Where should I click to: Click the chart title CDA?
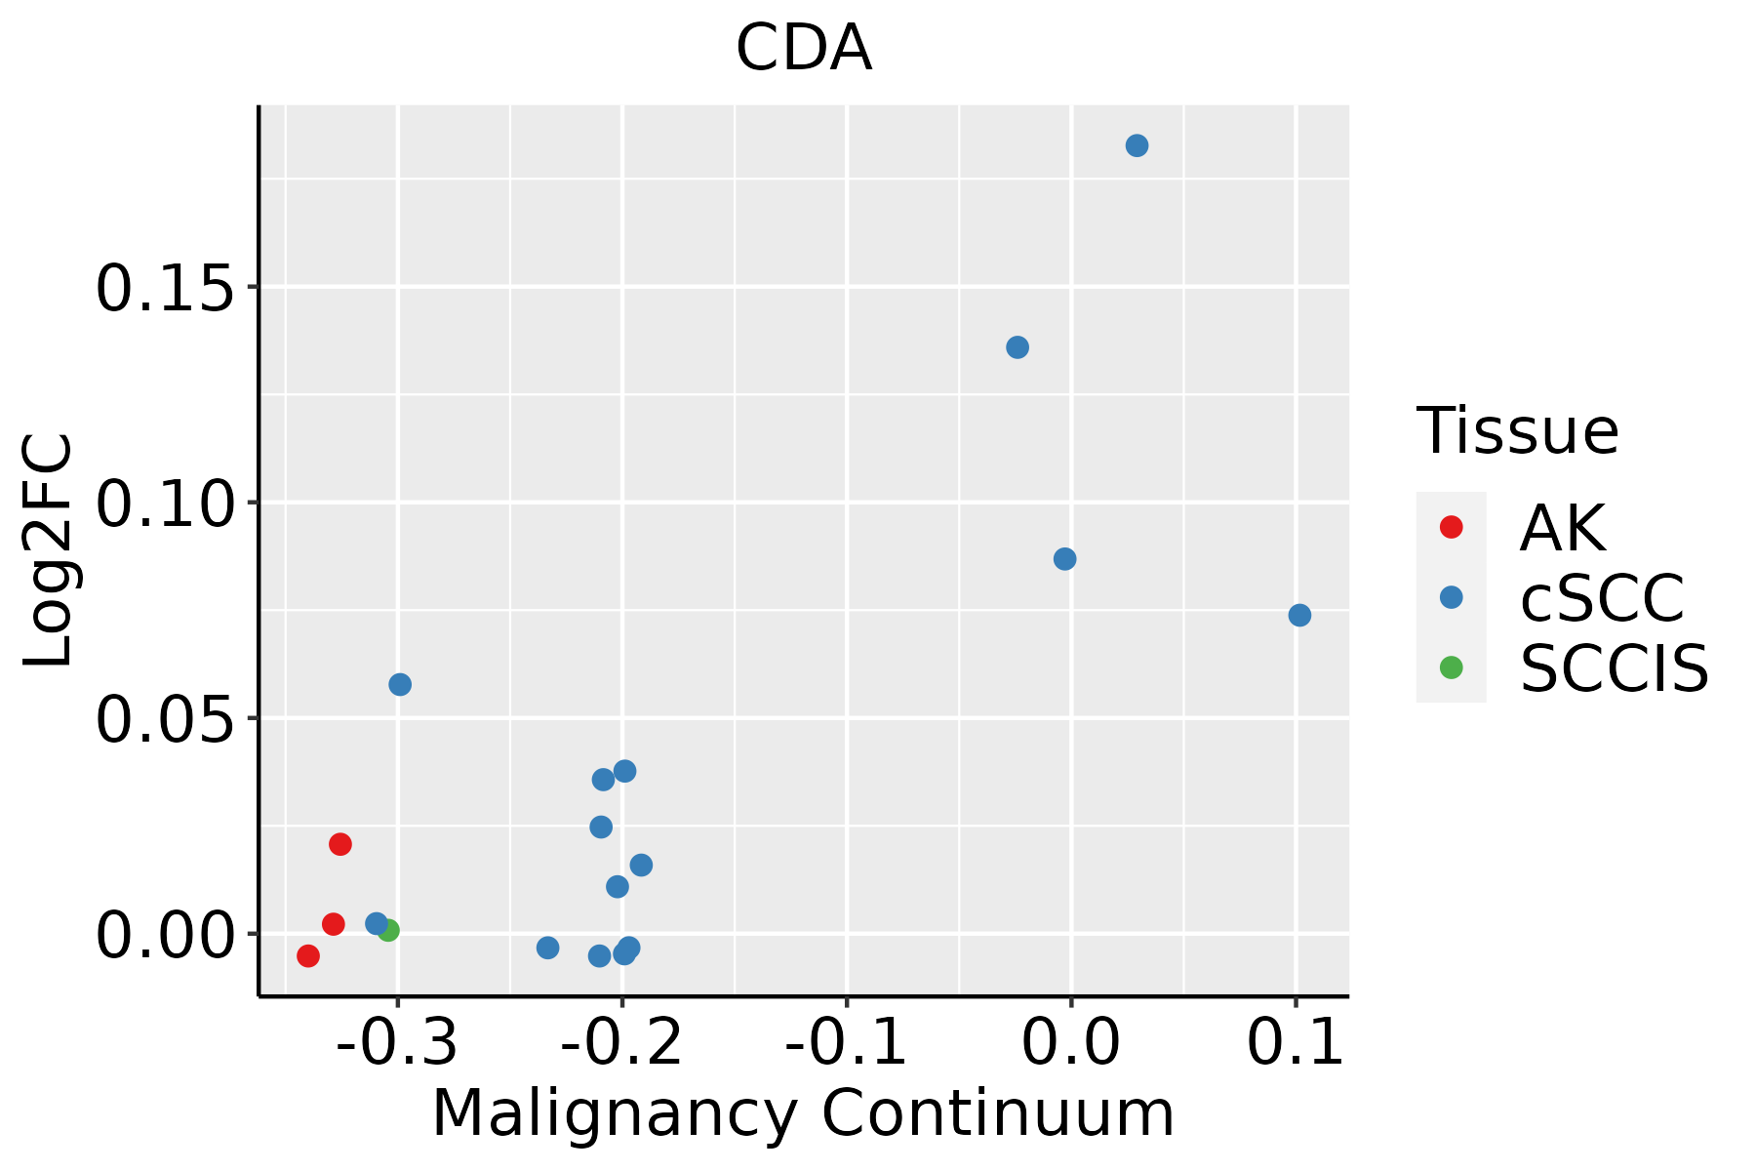803,49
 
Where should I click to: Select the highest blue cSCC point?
1137,146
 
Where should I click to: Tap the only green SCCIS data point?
388,930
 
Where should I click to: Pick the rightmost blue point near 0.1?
1299,615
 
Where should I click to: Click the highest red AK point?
340,844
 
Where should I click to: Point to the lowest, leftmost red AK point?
308,955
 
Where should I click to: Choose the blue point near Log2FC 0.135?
1018,347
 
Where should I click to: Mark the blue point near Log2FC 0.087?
1065,559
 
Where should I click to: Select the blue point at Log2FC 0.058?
400,684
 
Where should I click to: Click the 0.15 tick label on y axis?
165,290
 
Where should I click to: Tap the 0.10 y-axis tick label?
165,505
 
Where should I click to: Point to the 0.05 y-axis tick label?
165,721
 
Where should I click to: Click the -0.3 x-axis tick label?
397,1042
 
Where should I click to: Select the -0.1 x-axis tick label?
846,1042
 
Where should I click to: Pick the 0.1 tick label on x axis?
1296,1042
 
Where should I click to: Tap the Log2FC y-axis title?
49,551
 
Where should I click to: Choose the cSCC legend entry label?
1602,597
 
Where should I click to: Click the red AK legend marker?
1451,527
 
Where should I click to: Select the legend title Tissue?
1517,430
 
